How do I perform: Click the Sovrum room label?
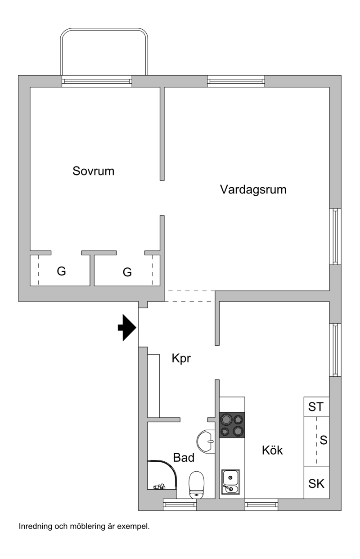point(93,171)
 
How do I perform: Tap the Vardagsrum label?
point(253,189)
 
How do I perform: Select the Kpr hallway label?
point(181,359)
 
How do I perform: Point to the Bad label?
point(184,457)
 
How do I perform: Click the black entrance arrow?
point(127,327)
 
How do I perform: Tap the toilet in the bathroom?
point(196,485)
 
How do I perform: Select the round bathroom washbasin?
point(206,441)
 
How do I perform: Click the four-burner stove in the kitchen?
point(232,425)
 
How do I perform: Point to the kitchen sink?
point(230,482)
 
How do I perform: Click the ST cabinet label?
point(316,407)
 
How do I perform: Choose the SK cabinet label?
point(316,484)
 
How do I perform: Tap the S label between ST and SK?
point(324,440)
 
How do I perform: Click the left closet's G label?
point(61,271)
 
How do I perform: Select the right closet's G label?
point(127,272)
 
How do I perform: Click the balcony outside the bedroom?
point(104,52)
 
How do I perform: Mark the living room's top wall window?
point(236,81)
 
